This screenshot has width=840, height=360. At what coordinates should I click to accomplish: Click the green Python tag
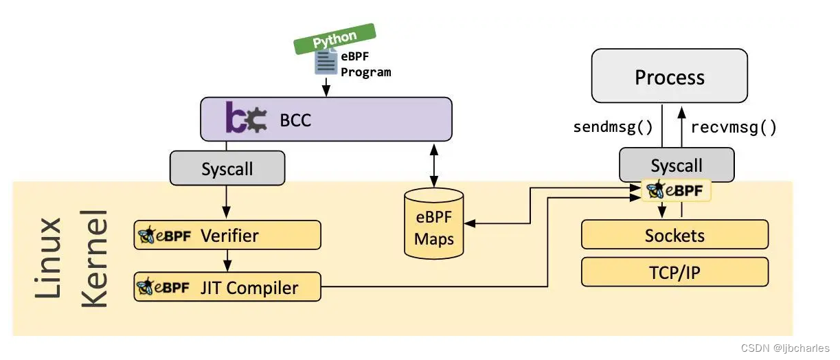tap(334, 38)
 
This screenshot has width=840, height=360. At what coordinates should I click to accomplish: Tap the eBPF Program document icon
tap(326, 63)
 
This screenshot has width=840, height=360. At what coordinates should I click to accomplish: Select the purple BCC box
tap(326, 120)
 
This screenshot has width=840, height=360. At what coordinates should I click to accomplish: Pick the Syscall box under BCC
tap(227, 168)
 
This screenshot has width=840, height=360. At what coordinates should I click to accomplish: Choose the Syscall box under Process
tap(677, 166)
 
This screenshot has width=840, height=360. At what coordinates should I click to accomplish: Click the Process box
tap(670, 77)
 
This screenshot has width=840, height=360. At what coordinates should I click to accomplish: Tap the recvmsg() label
tap(734, 127)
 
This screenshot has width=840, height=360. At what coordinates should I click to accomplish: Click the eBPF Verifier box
tap(227, 236)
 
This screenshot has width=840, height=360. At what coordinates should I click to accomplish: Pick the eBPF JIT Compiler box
tap(227, 286)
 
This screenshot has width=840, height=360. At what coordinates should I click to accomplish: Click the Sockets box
tap(674, 236)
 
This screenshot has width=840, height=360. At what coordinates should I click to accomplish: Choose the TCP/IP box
tap(674, 273)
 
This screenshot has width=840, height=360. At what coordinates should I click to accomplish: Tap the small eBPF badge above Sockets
tap(677, 190)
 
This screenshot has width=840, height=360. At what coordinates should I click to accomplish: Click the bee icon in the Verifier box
tap(146, 236)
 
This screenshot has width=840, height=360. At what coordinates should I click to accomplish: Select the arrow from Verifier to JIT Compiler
tap(227, 261)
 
